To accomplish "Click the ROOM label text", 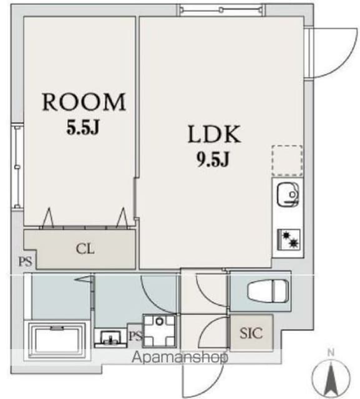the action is click(x=84, y=102).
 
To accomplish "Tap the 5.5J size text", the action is click(x=83, y=127).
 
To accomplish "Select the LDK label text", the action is click(x=214, y=134).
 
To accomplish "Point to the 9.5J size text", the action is click(x=213, y=159).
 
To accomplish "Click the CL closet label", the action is click(x=85, y=249).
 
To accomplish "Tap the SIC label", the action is click(x=251, y=333).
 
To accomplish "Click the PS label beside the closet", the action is click(x=26, y=261).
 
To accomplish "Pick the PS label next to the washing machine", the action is click(x=135, y=336).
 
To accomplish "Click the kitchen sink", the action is click(x=288, y=195).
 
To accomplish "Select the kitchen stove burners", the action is click(x=289, y=239).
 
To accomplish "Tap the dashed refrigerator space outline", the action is click(x=287, y=161).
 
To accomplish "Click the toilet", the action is click(x=268, y=291).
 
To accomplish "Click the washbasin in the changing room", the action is click(x=111, y=339).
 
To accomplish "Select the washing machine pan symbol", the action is click(x=159, y=331).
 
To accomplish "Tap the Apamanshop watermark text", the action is click(x=180, y=357).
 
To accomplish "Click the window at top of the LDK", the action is click(x=221, y=10).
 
